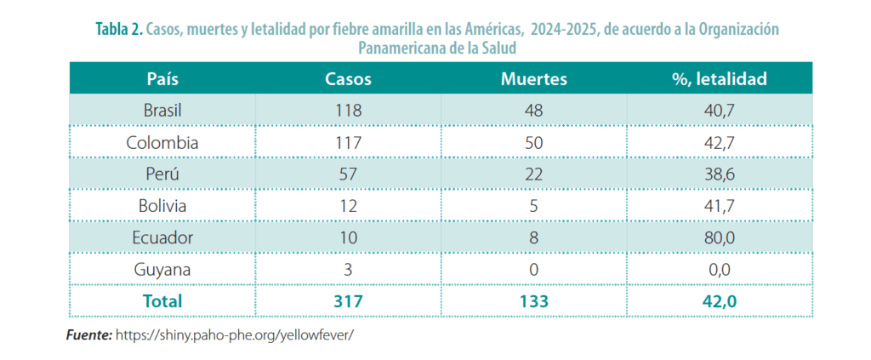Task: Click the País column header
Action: [x=162, y=79]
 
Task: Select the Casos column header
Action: [x=349, y=79]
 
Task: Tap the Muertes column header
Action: [x=533, y=79]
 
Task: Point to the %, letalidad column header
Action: [x=720, y=79]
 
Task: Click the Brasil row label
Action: [x=162, y=111]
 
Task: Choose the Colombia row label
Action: [x=162, y=142]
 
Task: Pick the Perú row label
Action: [x=162, y=174]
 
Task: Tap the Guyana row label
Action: [x=162, y=269]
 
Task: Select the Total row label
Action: [x=162, y=300]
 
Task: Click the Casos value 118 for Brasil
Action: [x=349, y=111]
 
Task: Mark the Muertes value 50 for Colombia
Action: [x=533, y=142]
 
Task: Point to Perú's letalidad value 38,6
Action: [x=720, y=174]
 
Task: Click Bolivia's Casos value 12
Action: [x=349, y=205]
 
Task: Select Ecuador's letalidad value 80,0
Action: [x=720, y=237]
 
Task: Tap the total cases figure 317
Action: [x=349, y=300]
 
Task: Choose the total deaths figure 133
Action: [x=533, y=300]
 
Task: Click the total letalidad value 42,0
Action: [x=720, y=300]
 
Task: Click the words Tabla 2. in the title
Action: [x=120, y=30]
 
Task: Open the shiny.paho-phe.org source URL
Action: [x=235, y=335]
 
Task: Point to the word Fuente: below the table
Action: [x=88, y=335]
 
